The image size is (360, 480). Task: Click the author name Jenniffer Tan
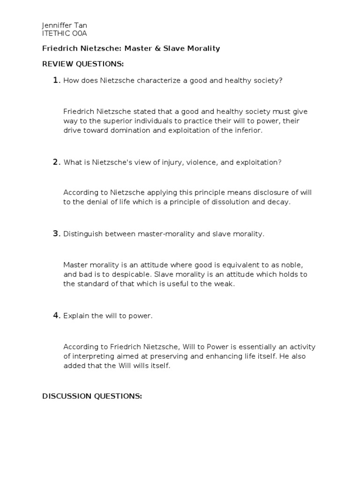pos(65,25)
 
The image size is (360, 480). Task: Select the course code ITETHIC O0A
pos(65,33)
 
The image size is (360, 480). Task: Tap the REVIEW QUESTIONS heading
pos(83,64)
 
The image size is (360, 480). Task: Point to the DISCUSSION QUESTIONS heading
pos(92,396)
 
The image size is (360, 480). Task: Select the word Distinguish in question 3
pos(82,234)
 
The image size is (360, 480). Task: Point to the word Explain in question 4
pos(76,316)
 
